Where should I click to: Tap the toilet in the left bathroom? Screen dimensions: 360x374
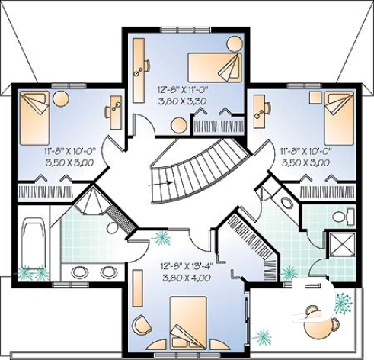point(113,227)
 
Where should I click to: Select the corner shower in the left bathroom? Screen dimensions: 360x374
point(94,200)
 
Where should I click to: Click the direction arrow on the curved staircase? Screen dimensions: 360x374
point(161,183)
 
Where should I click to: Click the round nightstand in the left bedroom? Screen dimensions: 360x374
point(61,98)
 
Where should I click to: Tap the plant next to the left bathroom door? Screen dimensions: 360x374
point(161,238)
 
